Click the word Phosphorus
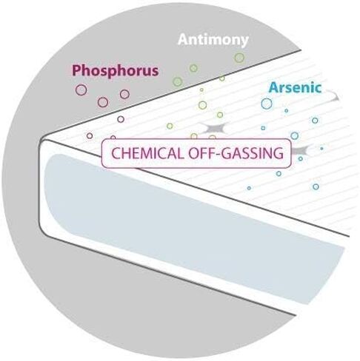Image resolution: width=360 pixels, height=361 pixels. point(115,71)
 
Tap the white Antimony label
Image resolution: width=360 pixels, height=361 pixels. point(213,40)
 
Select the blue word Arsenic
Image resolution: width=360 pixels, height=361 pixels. point(295,88)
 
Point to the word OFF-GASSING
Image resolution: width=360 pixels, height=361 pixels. point(236,153)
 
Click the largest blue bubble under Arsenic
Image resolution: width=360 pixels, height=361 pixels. point(267,104)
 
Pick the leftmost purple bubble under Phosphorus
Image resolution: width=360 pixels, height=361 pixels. point(81,90)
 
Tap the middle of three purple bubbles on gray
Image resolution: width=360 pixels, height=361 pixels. point(103,102)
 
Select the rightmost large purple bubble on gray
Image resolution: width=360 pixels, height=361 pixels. point(124,94)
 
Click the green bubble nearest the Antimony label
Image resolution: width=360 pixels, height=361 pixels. point(239,58)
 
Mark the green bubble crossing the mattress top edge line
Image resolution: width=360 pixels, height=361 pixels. point(222,78)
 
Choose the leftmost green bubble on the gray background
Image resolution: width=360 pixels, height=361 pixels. point(178,81)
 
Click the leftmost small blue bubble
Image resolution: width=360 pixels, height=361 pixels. point(249,188)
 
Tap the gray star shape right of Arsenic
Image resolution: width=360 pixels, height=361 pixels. point(334,97)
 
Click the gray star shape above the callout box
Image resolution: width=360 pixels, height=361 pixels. point(213,128)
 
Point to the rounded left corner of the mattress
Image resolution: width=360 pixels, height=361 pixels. point(42,143)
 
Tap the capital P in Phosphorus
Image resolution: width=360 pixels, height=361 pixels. point(77,70)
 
